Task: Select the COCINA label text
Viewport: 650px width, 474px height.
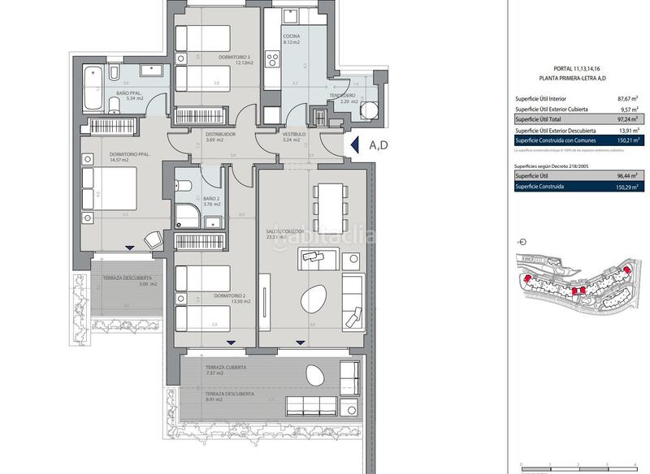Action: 292,37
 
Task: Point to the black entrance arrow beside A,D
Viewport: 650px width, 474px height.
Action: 354,145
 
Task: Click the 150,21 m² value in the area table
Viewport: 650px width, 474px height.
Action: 626,140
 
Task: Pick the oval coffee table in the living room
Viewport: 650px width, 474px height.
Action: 314,299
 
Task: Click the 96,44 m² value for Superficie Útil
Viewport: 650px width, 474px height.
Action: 626,175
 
